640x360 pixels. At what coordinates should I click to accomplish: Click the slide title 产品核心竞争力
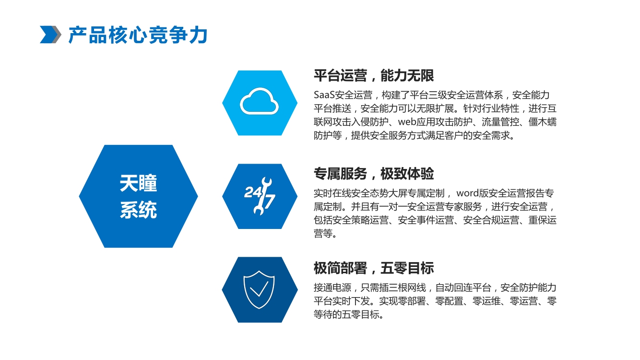[138, 35]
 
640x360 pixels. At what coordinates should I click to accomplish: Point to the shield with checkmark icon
[259, 289]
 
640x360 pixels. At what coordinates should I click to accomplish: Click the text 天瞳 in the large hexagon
[138, 183]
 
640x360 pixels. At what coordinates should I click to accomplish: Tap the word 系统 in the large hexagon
[138, 210]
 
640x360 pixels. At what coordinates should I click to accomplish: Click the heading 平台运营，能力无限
[374, 75]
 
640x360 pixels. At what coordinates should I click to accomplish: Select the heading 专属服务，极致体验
[374, 174]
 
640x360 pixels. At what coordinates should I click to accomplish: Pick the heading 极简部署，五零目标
[374, 268]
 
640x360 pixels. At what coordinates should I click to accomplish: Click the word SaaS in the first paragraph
[324, 95]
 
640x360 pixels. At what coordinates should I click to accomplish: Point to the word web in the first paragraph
[407, 122]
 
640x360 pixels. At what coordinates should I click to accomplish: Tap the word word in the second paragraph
[467, 193]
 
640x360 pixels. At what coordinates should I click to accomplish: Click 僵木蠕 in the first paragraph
[542, 122]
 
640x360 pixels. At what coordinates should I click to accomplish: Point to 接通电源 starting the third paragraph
[332, 288]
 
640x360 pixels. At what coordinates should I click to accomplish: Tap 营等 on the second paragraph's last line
[323, 234]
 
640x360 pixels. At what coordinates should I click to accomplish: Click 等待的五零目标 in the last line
[346, 314]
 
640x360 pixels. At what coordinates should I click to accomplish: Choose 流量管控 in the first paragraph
[500, 122]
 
